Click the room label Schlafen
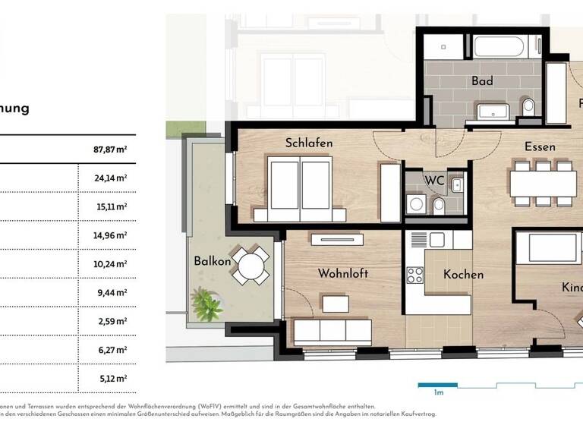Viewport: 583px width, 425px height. pyautogui.click(x=309, y=143)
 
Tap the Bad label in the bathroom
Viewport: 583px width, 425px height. pyautogui.click(x=482, y=81)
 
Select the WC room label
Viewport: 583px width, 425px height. pyautogui.click(x=434, y=181)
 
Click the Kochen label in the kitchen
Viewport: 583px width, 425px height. pyautogui.click(x=463, y=275)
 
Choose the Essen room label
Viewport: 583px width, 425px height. pyautogui.click(x=539, y=146)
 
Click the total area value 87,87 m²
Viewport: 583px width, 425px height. pyautogui.click(x=105, y=150)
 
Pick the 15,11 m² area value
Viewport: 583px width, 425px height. pyautogui.click(x=105, y=206)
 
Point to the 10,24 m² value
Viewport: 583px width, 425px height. pyautogui.click(x=105, y=263)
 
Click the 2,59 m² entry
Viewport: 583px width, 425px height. pyautogui.click(x=105, y=320)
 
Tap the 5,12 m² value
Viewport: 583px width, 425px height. pyautogui.click(x=105, y=377)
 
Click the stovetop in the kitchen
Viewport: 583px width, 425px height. pyautogui.click(x=416, y=273)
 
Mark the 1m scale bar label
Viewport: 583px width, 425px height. pyautogui.click(x=438, y=392)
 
